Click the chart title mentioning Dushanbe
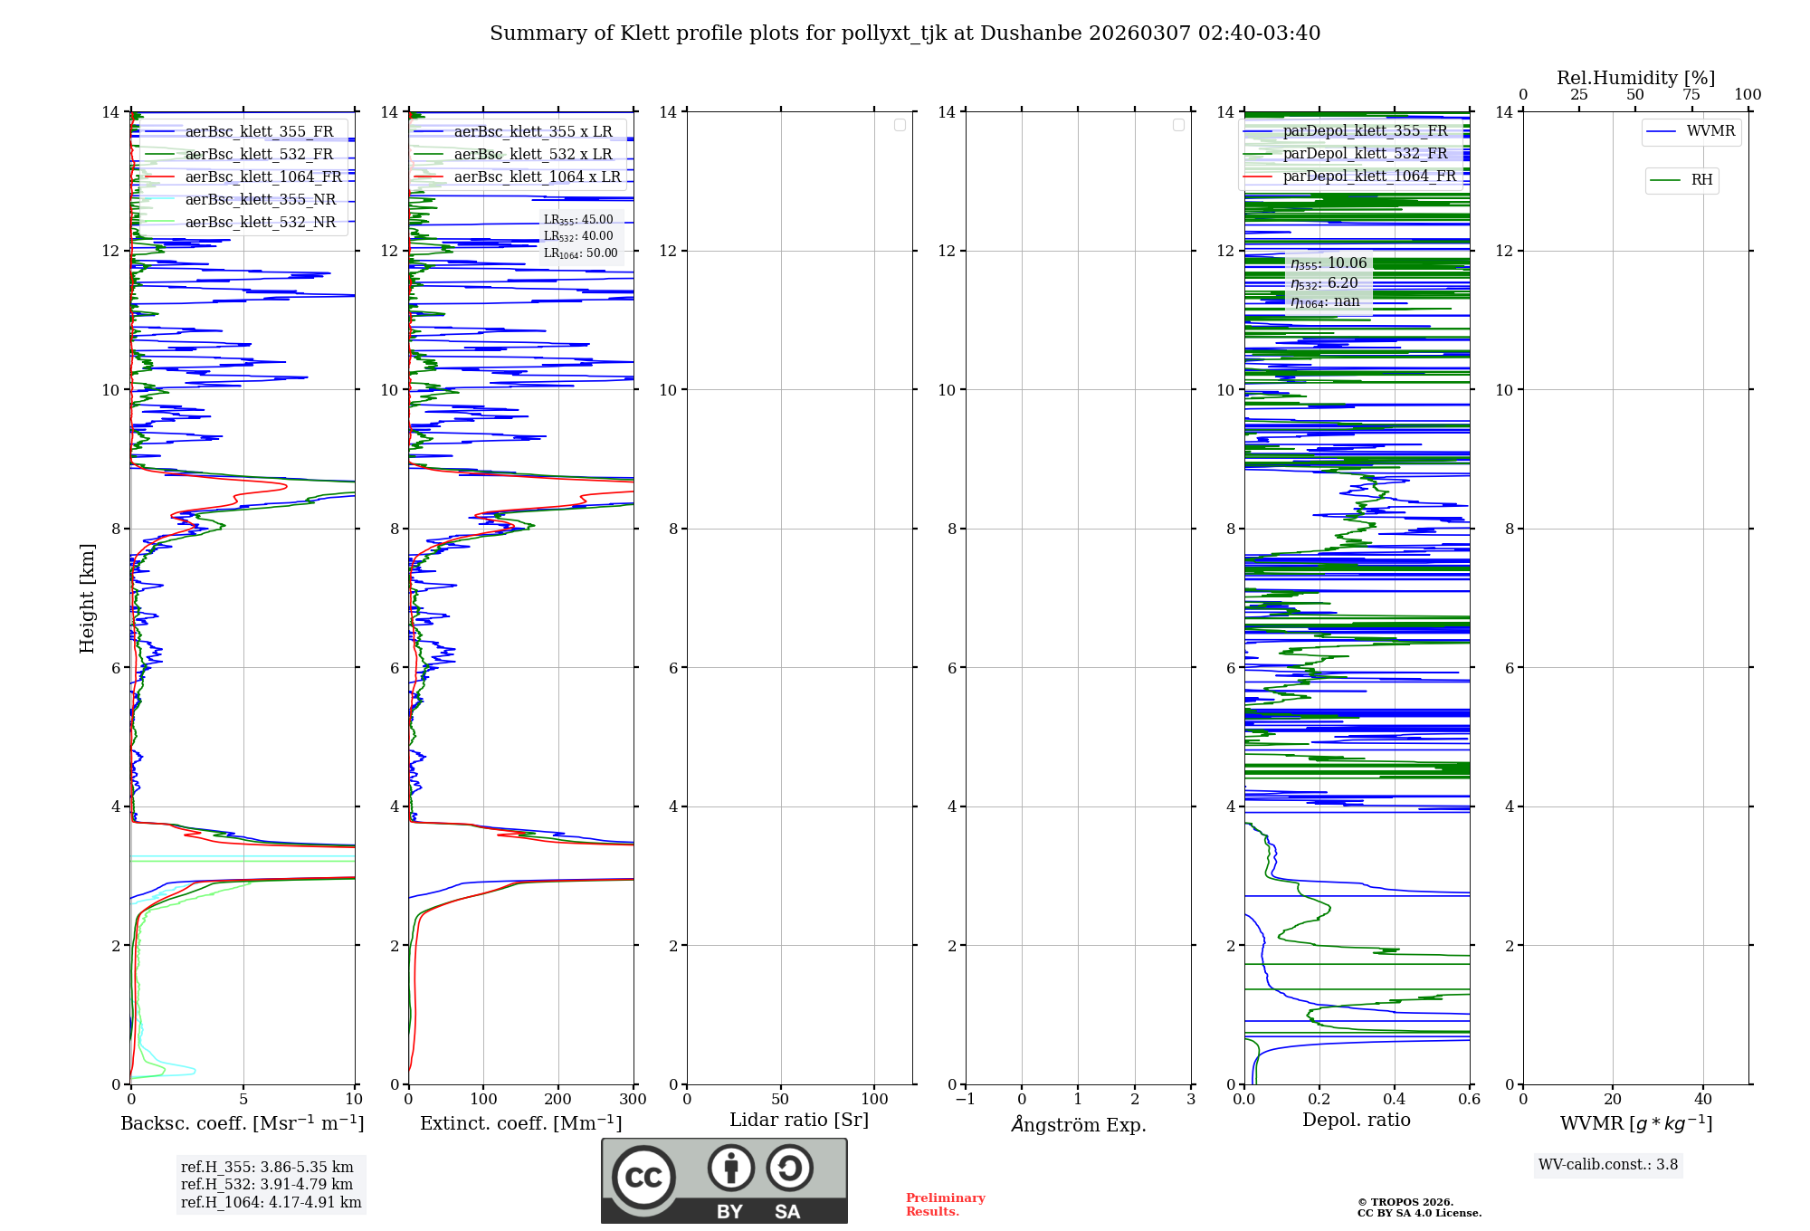905,33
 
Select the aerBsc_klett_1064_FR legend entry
263,177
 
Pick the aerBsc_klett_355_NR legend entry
261,200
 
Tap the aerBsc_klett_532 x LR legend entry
533,155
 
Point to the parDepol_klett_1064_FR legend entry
1369,177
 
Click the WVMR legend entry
1710,131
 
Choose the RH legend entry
1701,180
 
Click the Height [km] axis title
87,598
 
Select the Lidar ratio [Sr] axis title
799,1121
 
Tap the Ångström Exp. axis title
1079,1125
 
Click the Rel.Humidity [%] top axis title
1635,78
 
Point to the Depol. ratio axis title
1356,1121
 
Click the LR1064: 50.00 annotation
580,253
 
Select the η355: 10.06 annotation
1329,263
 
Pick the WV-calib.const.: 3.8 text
1608,1165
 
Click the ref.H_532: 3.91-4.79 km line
267,1185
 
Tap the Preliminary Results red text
945,1205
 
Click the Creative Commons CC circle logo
643,1178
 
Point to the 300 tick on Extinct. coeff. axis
633,1100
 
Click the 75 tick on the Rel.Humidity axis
1691,95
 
